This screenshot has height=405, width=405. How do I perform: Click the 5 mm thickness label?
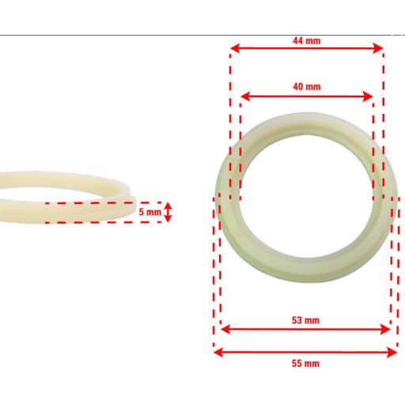coord(150,212)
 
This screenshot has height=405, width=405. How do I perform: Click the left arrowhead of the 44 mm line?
coord(233,49)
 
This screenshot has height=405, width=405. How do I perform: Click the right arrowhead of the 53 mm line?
coord(388,330)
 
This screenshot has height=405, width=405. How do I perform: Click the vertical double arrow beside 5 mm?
coord(168,212)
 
